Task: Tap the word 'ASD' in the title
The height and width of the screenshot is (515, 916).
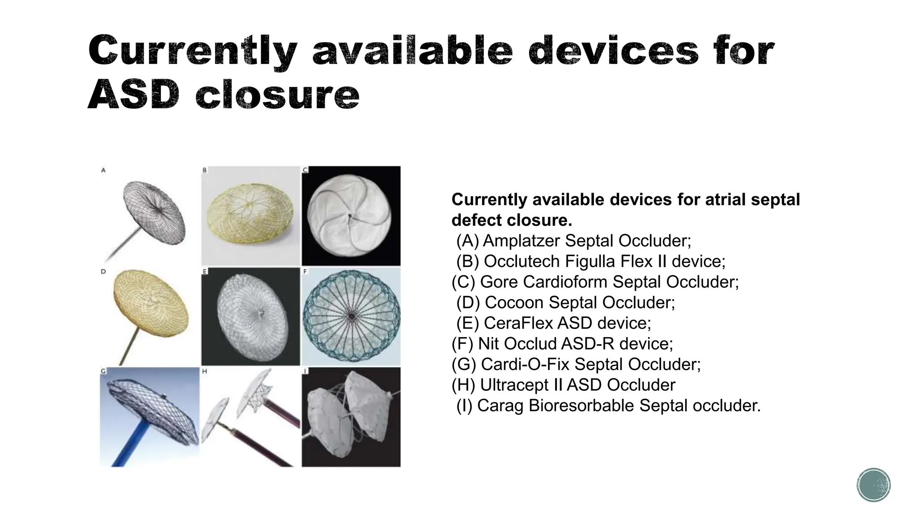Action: (134, 95)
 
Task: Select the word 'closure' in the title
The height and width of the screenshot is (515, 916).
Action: (277, 95)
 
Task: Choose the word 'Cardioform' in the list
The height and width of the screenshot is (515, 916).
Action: (565, 282)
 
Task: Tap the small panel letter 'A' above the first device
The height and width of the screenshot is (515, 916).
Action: (103, 170)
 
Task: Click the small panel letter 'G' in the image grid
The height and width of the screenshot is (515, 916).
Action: (103, 371)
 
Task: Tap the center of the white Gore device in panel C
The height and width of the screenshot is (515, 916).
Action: (351, 217)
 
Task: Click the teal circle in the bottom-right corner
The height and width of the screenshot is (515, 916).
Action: (874, 485)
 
